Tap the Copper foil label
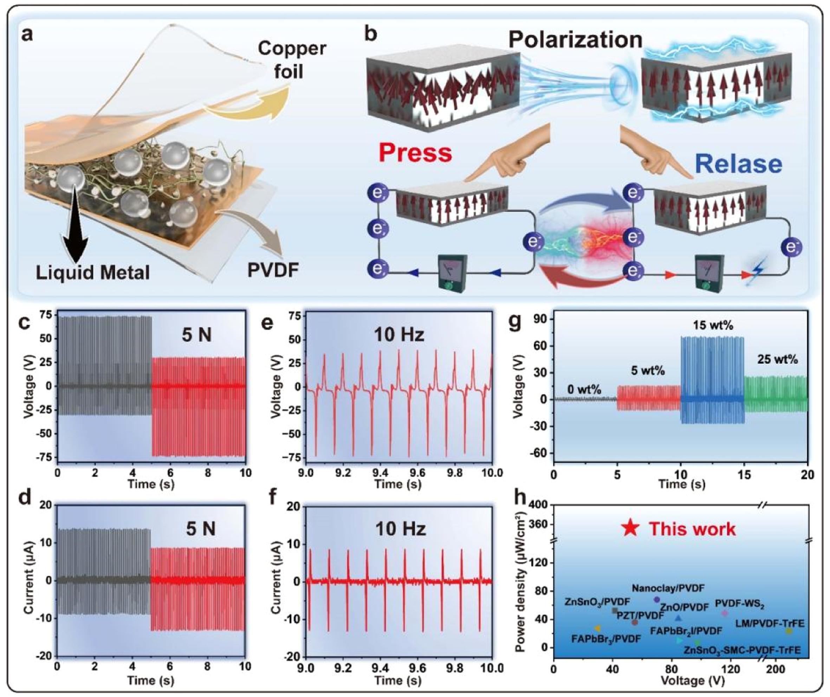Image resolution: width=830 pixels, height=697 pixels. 292,60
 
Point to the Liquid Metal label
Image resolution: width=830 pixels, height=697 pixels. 93,272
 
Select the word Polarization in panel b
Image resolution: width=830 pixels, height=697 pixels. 575,40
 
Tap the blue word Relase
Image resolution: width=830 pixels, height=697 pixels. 739,164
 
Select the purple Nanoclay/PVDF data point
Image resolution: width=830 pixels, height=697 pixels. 657,599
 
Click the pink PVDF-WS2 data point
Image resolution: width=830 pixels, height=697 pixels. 725,613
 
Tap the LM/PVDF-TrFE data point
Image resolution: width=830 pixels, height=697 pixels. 789,631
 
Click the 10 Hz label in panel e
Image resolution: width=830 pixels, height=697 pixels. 400,335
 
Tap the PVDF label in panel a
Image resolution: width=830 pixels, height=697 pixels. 273,271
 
